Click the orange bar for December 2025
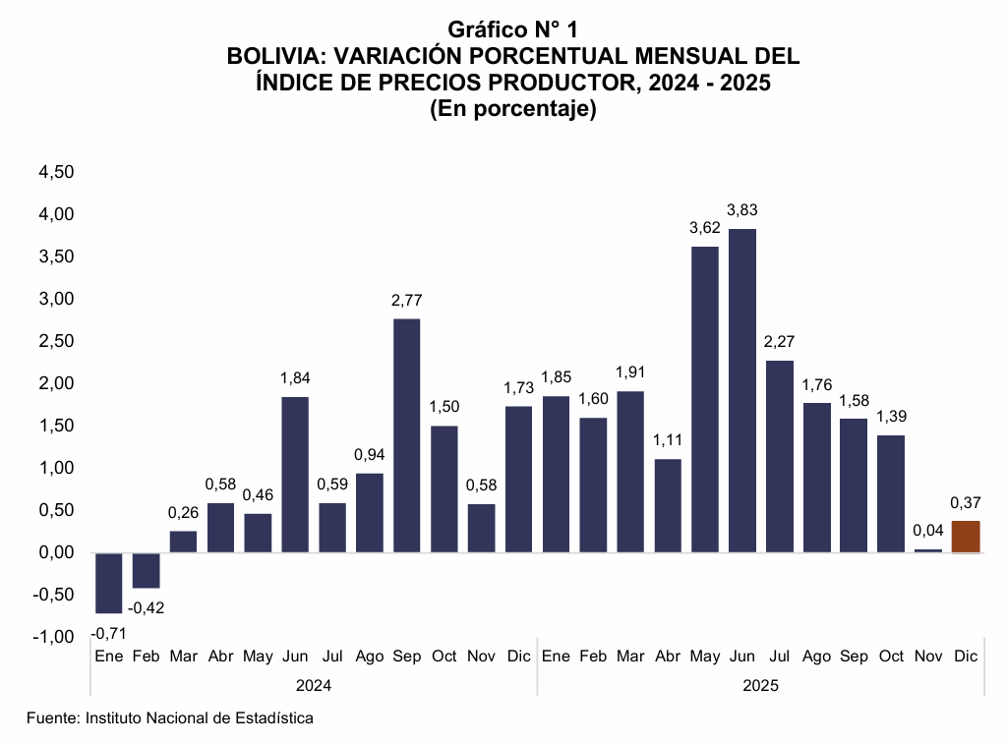click(x=966, y=537)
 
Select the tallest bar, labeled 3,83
click(x=741, y=390)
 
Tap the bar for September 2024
click(x=407, y=435)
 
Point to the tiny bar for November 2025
click(x=928, y=550)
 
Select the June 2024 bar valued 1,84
click(x=295, y=475)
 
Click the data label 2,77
click(x=407, y=301)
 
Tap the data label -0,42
click(x=147, y=607)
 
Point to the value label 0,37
click(x=966, y=503)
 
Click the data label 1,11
click(x=668, y=439)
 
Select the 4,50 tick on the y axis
click(x=56, y=172)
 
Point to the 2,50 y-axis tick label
click(x=56, y=341)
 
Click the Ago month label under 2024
click(x=370, y=656)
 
